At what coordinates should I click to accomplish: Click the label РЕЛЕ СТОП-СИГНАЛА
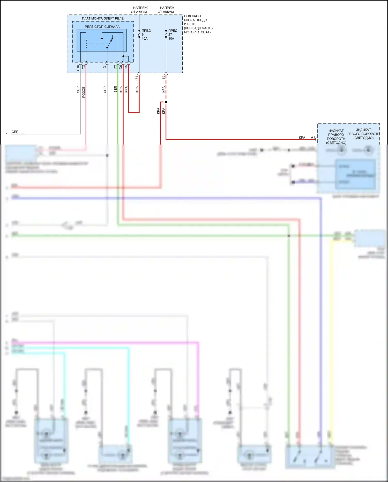(x=102, y=27)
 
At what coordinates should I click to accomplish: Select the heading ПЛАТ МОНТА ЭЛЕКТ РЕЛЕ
(x=103, y=18)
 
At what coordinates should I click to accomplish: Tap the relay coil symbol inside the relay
(x=86, y=43)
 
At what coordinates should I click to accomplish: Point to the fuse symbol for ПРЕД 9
(x=139, y=34)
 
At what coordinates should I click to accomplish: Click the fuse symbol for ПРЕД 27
(x=166, y=34)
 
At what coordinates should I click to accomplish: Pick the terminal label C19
(x=78, y=68)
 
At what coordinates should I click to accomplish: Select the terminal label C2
(x=83, y=67)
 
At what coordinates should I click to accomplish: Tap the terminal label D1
(x=105, y=67)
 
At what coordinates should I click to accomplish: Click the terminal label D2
(x=115, y=67)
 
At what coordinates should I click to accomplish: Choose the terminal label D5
(x=126, y=67)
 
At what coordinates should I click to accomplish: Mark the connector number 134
(x=137, y=78)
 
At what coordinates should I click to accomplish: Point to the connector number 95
(x=163, y=77)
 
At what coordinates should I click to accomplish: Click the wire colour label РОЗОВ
(x=84, y=92)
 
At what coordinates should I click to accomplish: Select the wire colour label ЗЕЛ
(x=116, y=89)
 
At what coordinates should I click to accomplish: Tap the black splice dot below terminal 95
(x=166, y=102)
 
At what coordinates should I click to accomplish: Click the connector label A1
(x=313, y=138)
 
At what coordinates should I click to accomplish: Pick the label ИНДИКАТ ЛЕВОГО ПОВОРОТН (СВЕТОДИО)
(x=363, y=134)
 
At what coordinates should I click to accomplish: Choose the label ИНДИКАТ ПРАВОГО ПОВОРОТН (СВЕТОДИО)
(x=336, y=136)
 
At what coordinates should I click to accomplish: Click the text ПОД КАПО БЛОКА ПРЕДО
(x=195, y=18)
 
